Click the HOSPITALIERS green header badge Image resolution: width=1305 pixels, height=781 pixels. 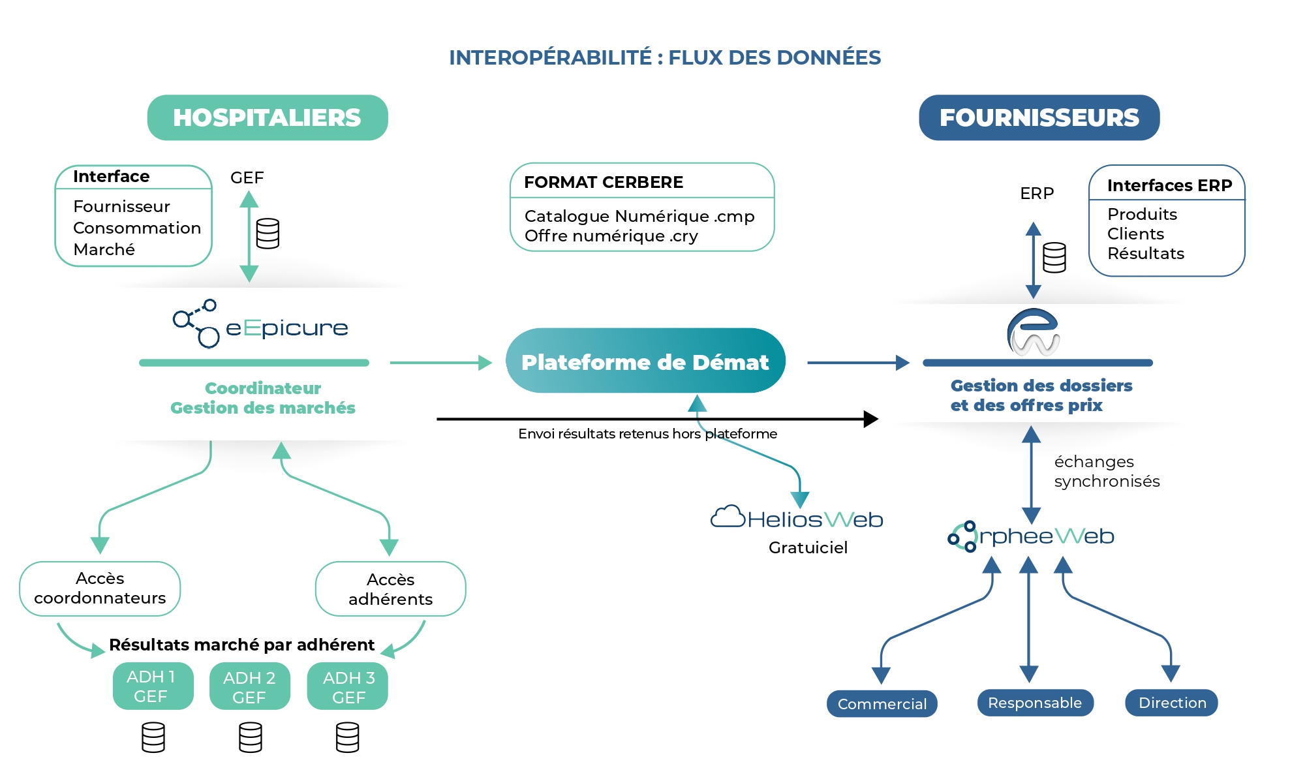point(268,117)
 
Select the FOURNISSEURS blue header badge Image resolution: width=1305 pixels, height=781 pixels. point(1039,117)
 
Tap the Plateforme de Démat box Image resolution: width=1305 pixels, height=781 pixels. point(645,361)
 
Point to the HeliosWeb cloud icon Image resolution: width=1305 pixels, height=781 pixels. point(728,517)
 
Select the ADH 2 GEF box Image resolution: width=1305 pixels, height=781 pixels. point(249,687)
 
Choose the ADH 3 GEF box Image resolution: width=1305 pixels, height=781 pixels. point(348,687)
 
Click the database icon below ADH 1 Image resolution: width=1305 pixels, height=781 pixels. point(153,737)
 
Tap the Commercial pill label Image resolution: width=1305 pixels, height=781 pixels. point(882,704)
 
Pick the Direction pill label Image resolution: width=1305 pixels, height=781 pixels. point(1172,703)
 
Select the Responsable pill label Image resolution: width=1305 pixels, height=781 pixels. point(1035,703)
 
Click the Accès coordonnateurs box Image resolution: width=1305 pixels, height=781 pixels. point(100,589)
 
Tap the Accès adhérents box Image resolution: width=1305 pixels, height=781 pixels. point(390,589)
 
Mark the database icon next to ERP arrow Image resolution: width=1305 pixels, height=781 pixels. point(1054,258)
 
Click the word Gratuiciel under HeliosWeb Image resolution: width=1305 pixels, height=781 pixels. point(808,547)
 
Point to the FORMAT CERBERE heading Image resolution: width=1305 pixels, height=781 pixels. point(604,182)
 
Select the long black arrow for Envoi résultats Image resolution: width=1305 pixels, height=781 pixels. point(652,419)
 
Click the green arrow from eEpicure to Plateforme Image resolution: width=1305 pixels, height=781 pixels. point(440,363)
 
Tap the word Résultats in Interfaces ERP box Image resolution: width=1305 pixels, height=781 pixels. point(1146,253)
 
